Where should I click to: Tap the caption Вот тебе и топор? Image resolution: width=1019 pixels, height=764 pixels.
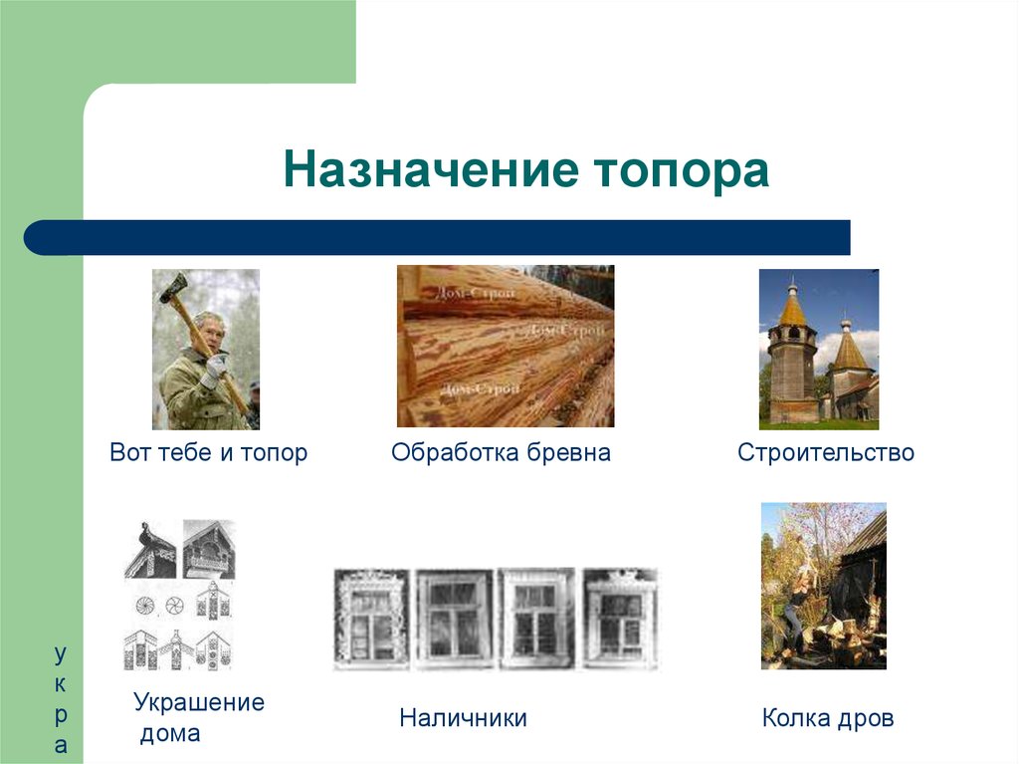point(208,452)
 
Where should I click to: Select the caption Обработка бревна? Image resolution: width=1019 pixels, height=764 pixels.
point(501,452)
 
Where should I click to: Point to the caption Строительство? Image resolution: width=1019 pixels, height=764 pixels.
point(825,452)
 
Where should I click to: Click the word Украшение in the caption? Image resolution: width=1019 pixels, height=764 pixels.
point(199,702)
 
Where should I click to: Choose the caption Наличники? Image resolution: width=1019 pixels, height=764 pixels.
point(463,717)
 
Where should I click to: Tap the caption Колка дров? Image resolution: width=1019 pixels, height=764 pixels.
point(827,717)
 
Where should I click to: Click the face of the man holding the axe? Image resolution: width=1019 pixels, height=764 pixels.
point(210,330)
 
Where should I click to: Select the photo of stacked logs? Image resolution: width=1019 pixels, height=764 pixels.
point(506,346)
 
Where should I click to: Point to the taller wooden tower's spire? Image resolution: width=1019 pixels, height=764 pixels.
point(792,304)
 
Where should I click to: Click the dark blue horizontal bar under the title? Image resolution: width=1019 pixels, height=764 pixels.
point(438,238)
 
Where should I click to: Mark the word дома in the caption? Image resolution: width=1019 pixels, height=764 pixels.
point(169,735)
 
